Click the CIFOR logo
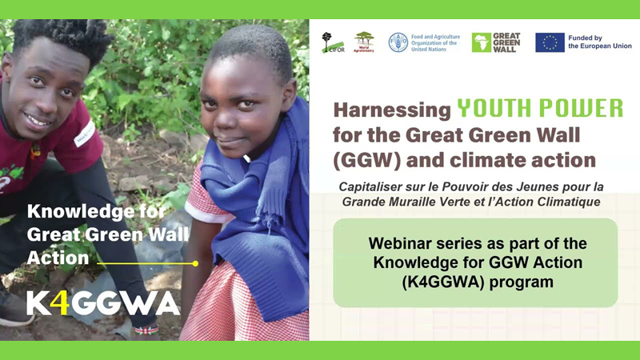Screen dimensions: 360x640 pyautogui.click(x=332, y=42)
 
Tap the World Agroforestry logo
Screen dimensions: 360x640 pyautogui.click(x=364, y=42)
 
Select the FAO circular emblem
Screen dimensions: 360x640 pyautogui.click(x=398, y=42)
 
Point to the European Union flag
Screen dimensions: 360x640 pyautogui.click(x=550, y=42)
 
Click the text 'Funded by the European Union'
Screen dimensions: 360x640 pyautogui.click(x=596, y=42)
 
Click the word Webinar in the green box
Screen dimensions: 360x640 pyautogui.click(x=397, y=242)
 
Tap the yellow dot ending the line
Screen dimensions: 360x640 pyautogui.click(x=195, y=262)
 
